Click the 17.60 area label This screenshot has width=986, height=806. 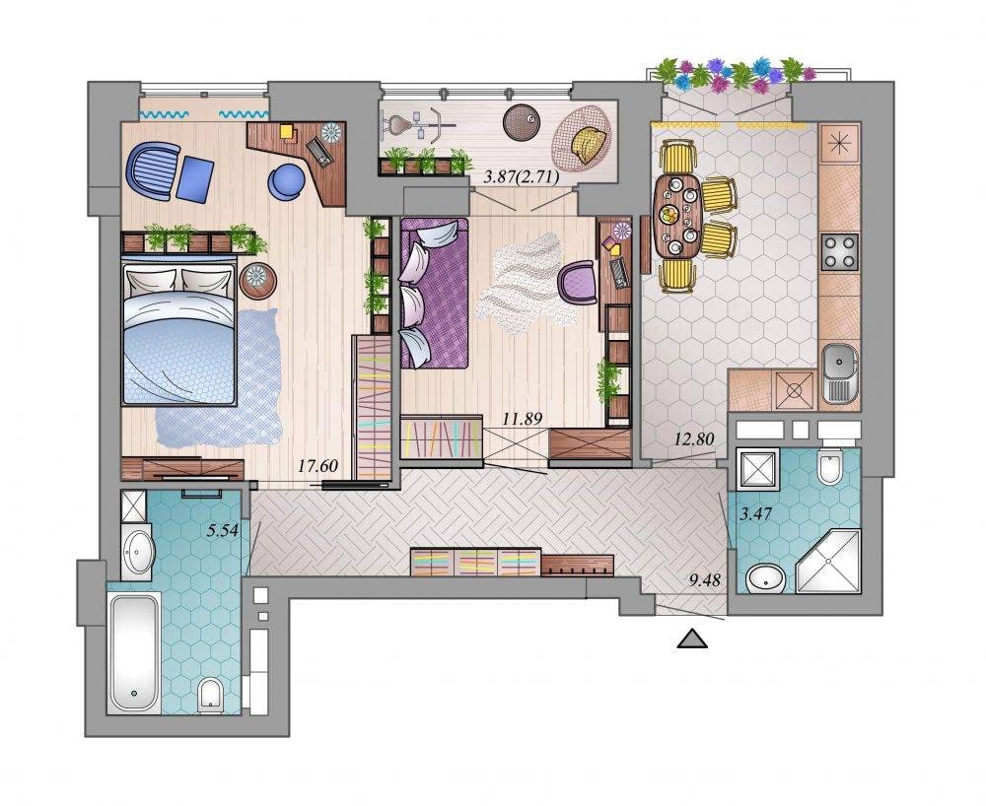coord(317,466)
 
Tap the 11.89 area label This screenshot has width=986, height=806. coord(522,419)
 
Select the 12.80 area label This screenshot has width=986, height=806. coord(693,439)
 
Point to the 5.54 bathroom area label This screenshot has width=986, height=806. coord(223,530)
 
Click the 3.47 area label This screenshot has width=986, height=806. coord(756,515)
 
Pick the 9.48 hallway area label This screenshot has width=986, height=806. coord(704,580)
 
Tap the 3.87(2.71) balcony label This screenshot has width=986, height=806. coord(521,177)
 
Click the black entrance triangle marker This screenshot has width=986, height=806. coord(692,638)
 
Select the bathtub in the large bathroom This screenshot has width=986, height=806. coord(134,652)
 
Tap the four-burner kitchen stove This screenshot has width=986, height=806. coord(839,251)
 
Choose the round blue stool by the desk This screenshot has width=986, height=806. coord(287,182)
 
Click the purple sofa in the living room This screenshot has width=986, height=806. coord(434,293)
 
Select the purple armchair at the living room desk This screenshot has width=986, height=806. coord(578,283)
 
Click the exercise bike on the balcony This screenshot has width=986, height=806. coord(418,124)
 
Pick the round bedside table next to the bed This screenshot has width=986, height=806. coord(257,281)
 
